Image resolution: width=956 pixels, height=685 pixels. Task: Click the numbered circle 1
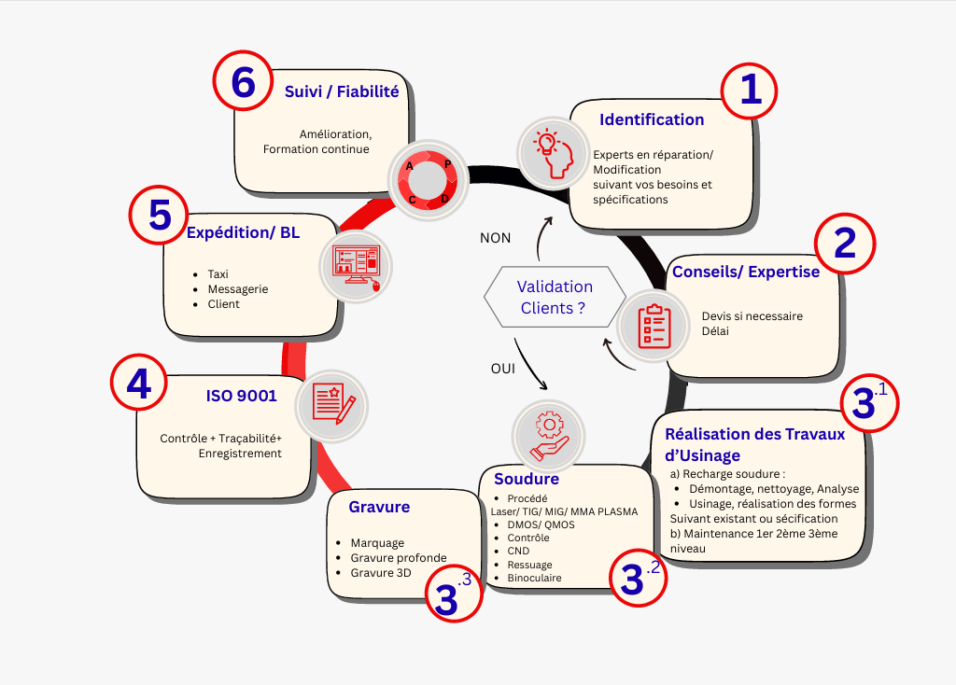coord(751,91)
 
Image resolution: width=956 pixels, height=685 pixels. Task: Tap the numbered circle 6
coord(243,82)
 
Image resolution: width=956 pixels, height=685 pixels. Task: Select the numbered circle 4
coord(138,384)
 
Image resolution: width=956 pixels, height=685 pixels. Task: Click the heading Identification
coord(652,119)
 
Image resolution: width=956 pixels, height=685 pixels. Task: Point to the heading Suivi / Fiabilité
coord(342,91)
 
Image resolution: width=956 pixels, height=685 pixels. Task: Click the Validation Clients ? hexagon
coord(555,297)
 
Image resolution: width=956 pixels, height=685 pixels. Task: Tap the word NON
coord(495,238)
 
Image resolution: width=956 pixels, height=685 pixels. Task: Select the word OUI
coord(502,369)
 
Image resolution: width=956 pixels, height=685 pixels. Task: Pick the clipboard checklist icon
coord(654,322)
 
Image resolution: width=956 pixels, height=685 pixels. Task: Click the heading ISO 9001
coord(241,396)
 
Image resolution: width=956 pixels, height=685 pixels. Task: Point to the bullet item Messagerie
coord(238,289)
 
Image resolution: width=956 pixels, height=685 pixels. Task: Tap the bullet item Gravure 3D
coord(380,573)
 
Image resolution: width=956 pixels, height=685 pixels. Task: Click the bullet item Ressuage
coord(529,565)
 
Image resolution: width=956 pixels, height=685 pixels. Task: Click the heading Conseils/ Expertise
coord(746,272)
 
